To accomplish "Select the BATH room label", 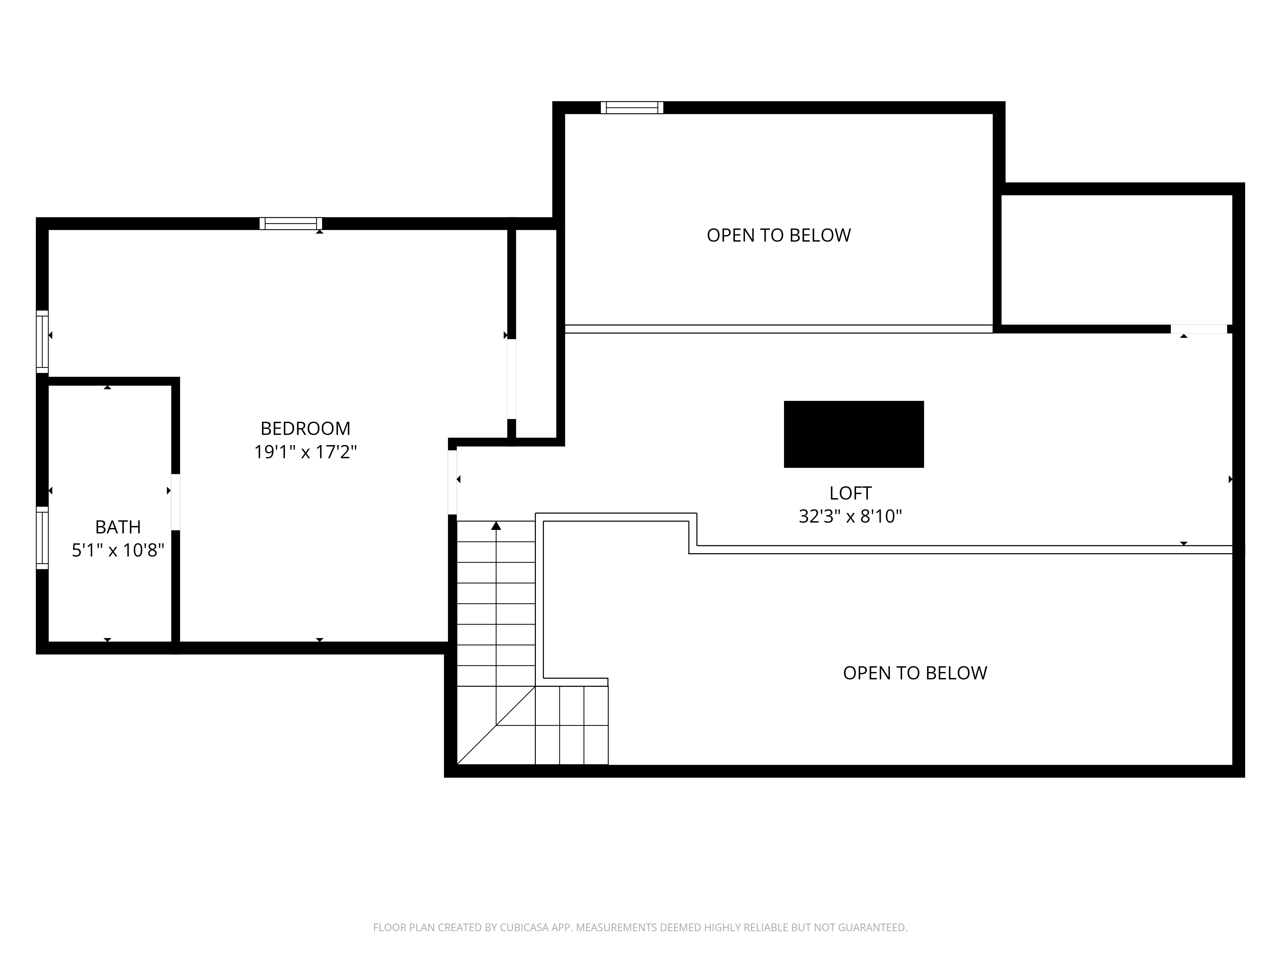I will coord(118,527).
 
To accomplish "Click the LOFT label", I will coord(850,493).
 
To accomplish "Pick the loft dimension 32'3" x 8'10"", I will coord(850,516).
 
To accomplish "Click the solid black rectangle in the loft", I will coord(853,434).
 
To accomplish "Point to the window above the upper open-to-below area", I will coord(632,108).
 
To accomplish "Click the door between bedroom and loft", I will coord(452,482).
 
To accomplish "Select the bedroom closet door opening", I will coord(511,379).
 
